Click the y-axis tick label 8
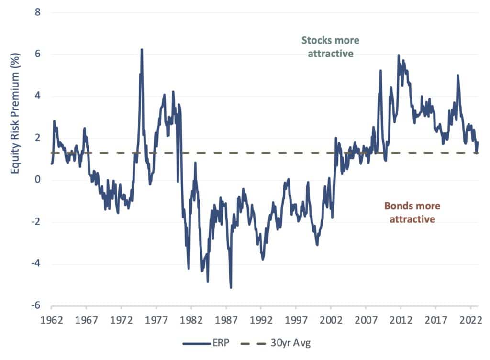[x=37, y=12]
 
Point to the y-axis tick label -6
[x=35, y=306]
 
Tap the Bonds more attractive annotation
[x=412, y=213]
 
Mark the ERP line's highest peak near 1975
[x=142, y=49]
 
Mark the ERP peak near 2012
[x=398, y=55]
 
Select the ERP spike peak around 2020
[x=458, y=75]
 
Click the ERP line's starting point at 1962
[x=51, y=164]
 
